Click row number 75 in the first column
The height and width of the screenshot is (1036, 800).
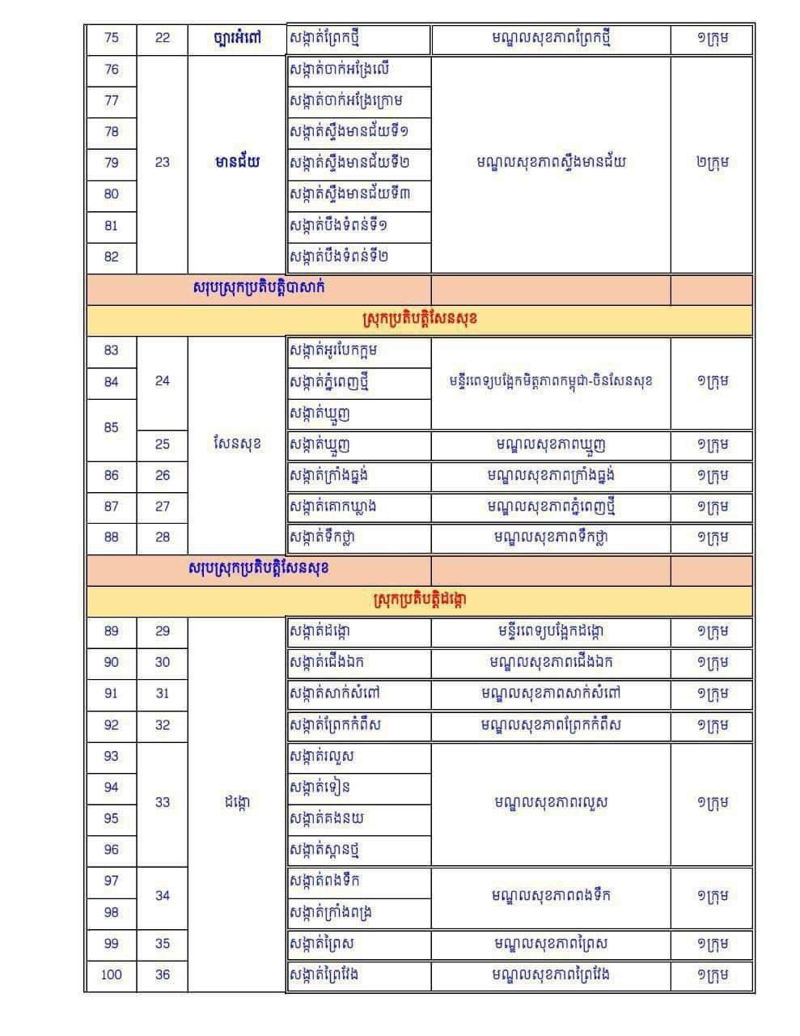coord(112,38)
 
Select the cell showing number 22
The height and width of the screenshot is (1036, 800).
coord(163,38)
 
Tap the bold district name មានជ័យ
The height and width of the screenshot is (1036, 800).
coord(237,163)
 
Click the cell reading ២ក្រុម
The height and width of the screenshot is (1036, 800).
coord(712,163)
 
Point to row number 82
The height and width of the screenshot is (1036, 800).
coord(112,257)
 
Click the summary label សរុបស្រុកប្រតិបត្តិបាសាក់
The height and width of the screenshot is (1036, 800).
coord(259,288)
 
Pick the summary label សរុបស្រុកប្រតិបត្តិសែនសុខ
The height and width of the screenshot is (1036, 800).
coord(259,568)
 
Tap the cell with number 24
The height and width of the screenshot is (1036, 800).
coord(163,381)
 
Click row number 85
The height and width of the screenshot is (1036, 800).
coord(112,427)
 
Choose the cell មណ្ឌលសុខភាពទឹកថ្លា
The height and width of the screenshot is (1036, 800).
coord(550,538)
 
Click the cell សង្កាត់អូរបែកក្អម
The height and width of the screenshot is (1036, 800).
coord(333,350)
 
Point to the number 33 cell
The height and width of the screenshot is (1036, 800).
coord(163,802)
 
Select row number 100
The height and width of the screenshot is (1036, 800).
coord(112,974)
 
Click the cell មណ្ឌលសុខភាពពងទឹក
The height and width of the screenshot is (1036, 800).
coord(550,895)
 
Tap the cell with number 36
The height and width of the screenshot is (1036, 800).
coord(163,974)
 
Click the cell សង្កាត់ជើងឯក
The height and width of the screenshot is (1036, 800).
coord(327,662)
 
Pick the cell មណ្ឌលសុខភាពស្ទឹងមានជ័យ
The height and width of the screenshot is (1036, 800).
coord(550,163)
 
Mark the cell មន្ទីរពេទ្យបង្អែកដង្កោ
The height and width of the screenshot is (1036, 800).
coord(550,631)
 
